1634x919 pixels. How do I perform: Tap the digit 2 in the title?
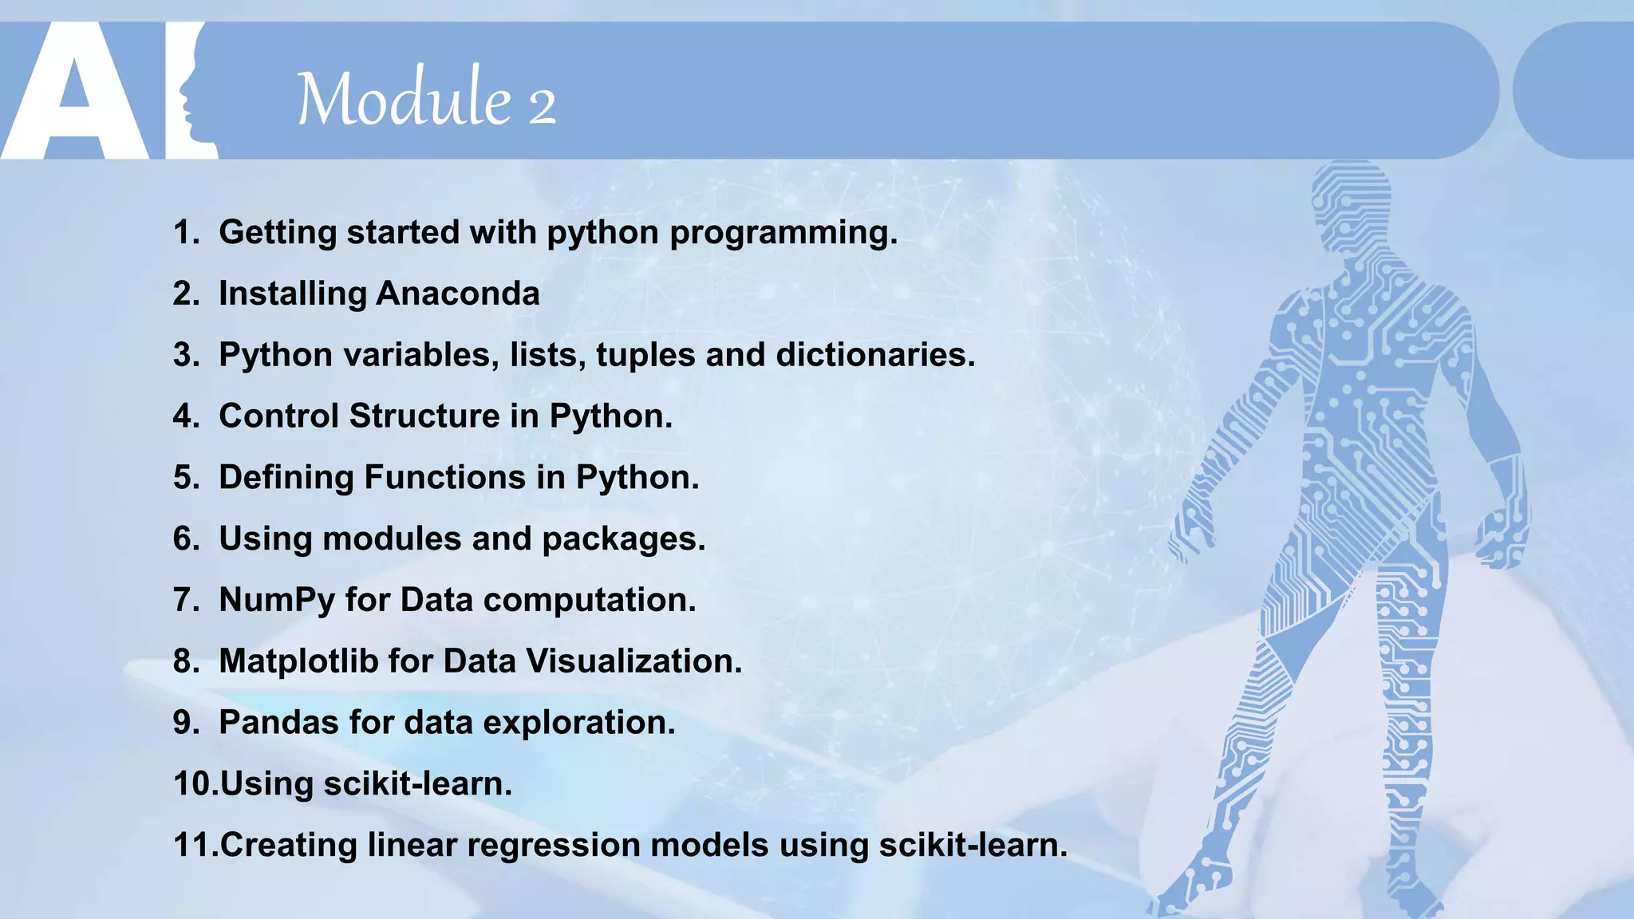click(x=542, y=106)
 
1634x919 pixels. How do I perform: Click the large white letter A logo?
click(x=76, y=96)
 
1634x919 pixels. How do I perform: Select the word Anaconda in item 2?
click(x=458, y=294)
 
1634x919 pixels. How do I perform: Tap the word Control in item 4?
click(x=278, y=416)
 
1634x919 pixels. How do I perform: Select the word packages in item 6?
click(x=623, y=539)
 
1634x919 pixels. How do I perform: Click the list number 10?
click(x=194, y=784)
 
